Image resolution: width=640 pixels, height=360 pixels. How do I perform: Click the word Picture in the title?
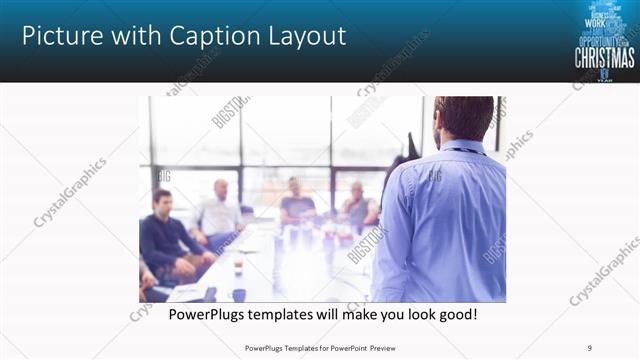pyautogui.click(x=60, y=37)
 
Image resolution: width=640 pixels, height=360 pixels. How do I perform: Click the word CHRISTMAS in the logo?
pyautogui.click(x=604, y=58)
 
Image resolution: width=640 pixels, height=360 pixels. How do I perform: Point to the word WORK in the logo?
pyautogui.click(x=595, y=22)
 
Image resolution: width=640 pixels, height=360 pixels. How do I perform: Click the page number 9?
pyautogui.click(x=590, y=348)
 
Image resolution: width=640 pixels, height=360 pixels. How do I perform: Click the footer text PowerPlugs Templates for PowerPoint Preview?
pyautogui.click(x=320, y=348)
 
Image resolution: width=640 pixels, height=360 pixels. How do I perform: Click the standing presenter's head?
pyautogui.click(x=464, y=118)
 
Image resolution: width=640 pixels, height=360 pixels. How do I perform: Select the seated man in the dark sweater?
pyautogui.click(x=165, y=235)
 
